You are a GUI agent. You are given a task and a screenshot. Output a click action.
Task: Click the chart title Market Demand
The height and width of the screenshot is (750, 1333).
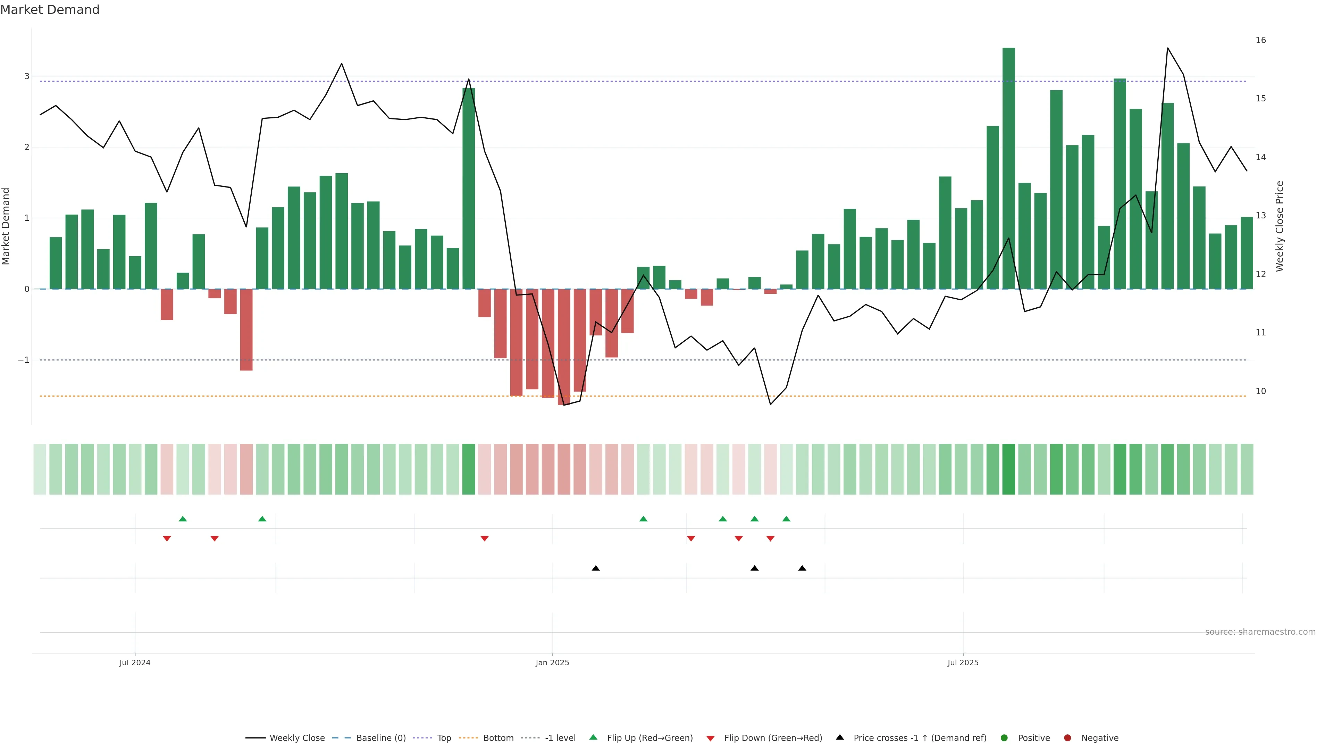pyautogui.click(x=50, y=10)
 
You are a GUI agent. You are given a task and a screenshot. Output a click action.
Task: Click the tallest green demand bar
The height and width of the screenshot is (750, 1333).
pyautogui.click(x=1008, y=168)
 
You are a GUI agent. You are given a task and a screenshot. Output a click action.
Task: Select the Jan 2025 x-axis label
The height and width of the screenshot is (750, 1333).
pyautogui.click(x=552, y=662)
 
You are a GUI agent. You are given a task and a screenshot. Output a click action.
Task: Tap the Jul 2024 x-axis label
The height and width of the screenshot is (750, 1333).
pyautogui.click(x=135, y=662)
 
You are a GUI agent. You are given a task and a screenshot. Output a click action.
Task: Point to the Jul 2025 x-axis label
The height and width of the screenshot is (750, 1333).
pyautogui.click(x=963, y=662)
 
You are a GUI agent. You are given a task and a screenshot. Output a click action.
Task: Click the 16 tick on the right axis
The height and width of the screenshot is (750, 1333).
pyautogui.click(x=1260, y=40)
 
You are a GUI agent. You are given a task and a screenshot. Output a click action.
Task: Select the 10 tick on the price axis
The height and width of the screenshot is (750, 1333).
pyautogui.click(x=1260, y=391)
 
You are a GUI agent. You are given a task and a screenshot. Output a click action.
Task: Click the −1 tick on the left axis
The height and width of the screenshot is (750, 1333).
pyautogui.click(x=23, y=360)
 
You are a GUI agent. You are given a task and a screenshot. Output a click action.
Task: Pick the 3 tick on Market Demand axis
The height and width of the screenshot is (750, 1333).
pyautogui.click(x=26, y=76)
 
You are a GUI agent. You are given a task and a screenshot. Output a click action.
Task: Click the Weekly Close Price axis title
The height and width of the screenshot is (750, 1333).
pyautogui.click(x=1280, y=226)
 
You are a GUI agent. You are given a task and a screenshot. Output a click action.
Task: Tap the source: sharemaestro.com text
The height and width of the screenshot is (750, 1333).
pyautogui.click(x=1260, y=632)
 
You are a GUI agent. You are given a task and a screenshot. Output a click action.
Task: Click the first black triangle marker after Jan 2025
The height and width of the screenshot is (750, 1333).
pyautogui.click(x=596, y=568)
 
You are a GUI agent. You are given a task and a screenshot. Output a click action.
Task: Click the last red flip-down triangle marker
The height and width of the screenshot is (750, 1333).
pyautogui.click(x=770, y=539)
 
